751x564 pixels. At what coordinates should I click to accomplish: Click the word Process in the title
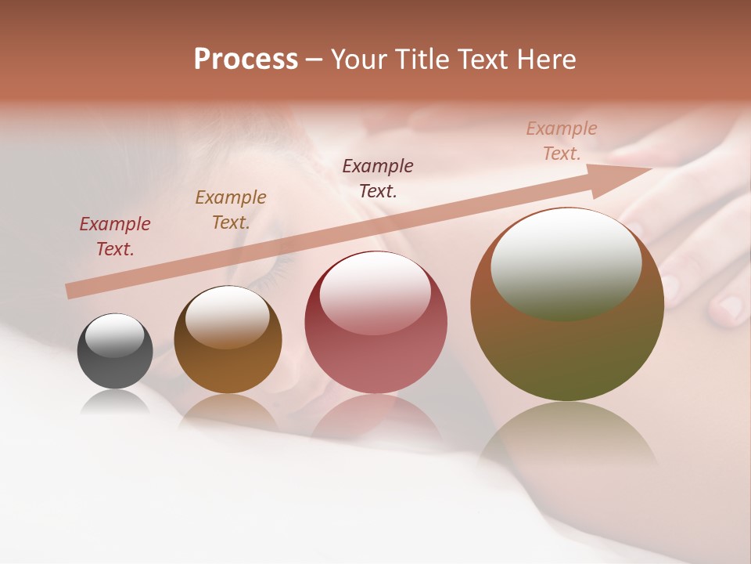click(246, 60)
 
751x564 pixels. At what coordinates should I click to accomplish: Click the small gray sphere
click(115, 352)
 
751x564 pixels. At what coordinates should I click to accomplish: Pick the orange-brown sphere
click(228, 340)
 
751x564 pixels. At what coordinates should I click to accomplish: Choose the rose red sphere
click(375, 323)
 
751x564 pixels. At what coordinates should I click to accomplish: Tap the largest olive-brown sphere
click(567, 305)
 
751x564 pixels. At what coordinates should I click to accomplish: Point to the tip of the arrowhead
click(652, 168)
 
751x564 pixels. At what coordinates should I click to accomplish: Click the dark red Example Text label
click(114, 237)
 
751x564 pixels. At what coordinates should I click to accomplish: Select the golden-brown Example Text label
click(231, 210)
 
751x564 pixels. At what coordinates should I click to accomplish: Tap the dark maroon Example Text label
click(378, 179)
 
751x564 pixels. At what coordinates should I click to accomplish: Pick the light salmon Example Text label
click(562, 141)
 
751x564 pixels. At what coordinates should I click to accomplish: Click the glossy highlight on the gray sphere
click(114, 335)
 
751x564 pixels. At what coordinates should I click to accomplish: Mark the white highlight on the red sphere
click(375, 292)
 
